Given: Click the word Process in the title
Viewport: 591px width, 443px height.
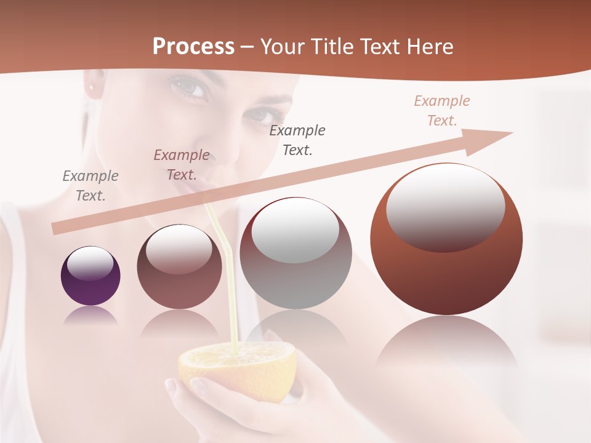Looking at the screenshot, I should (x=193, y=46).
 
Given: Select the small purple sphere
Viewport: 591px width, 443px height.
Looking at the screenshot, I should (x=90, y=276).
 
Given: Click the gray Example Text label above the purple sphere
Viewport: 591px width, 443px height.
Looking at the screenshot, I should (x=90, y=185).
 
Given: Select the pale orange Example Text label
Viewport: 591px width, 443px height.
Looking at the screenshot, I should (x=442, y=111).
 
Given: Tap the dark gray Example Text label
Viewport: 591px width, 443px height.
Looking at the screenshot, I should (x=297, y=140).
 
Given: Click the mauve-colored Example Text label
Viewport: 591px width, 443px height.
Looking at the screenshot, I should (x=182, y=164).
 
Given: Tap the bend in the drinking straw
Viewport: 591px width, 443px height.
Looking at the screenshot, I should (x=227, y=249).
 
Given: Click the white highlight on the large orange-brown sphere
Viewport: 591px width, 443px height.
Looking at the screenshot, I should (x=444, y=206).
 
